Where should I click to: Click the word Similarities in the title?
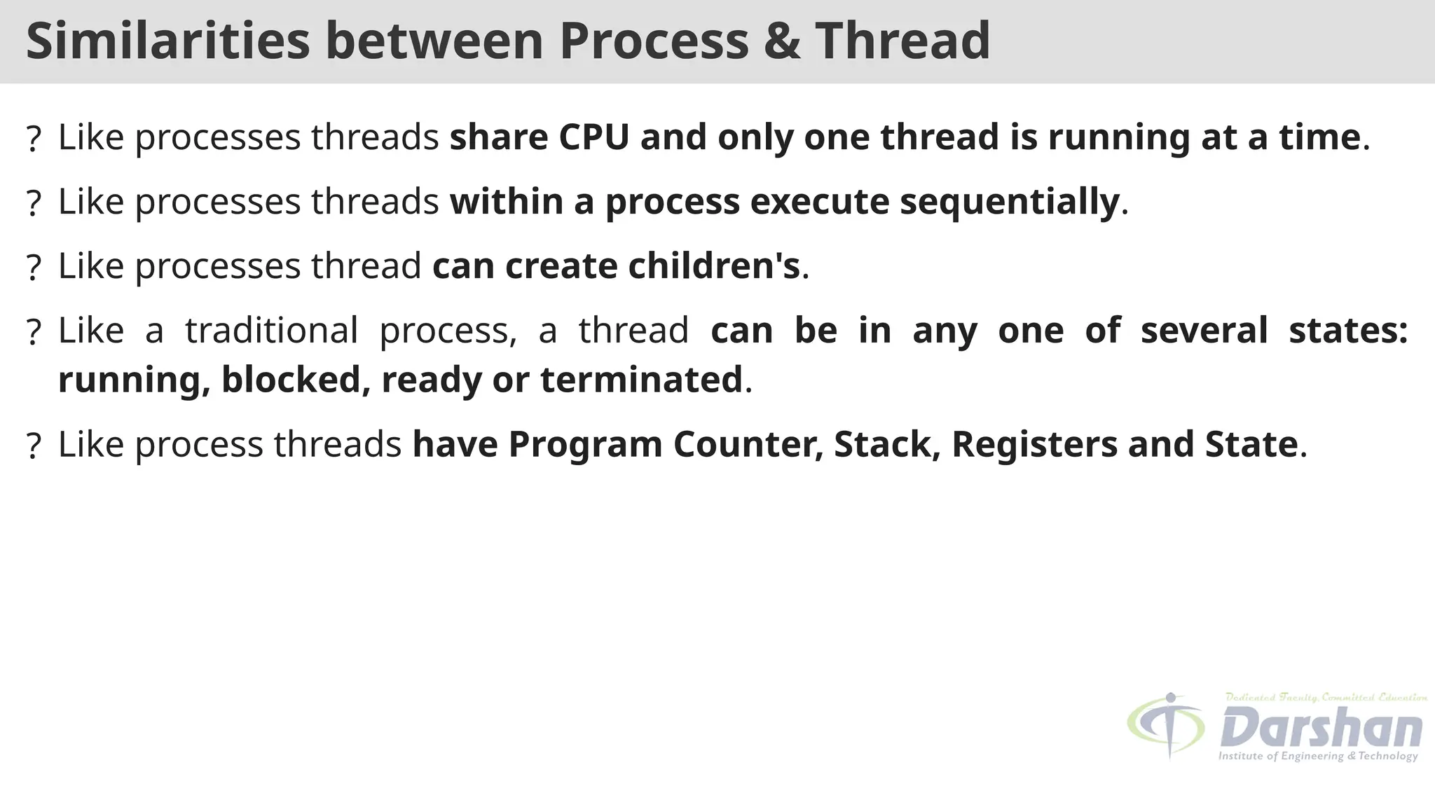pos(167,41)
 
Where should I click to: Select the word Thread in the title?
pos(902,41)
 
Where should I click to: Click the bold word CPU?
pos(594,137)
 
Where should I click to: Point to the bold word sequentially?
pos(1010,202)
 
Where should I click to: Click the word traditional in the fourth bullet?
pos(271,330)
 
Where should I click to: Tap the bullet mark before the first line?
pos(33,139)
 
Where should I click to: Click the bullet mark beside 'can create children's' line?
pos(33,268)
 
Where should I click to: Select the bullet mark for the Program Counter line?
pos(33,446)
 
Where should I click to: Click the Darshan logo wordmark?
pos(1321,727)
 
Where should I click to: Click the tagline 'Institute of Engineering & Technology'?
pos(1317,757)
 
